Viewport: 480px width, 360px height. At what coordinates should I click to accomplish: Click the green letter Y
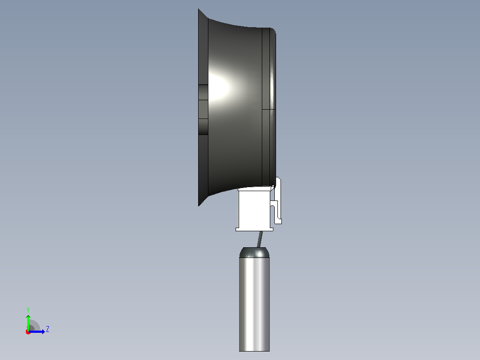(x=28, y=310)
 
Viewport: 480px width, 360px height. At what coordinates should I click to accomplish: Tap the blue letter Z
(x=48, y=329)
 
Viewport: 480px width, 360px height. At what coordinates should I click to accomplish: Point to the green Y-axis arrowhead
(x=28, y=316)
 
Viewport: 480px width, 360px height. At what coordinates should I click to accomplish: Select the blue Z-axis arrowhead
(x=43, y=331)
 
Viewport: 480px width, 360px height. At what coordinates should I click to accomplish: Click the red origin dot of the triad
(x=28, y=332)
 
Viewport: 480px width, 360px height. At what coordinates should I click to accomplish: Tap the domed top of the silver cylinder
(x=254, y=253)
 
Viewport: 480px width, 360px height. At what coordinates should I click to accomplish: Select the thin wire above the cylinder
(x=260, y=239)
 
